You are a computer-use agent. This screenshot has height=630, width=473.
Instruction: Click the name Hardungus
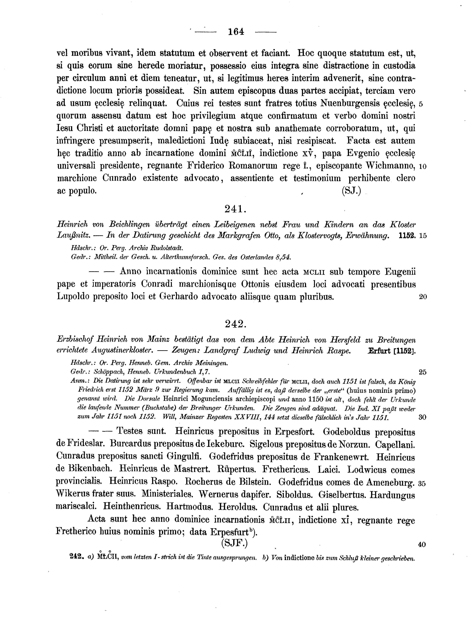[x=392, y=495]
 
